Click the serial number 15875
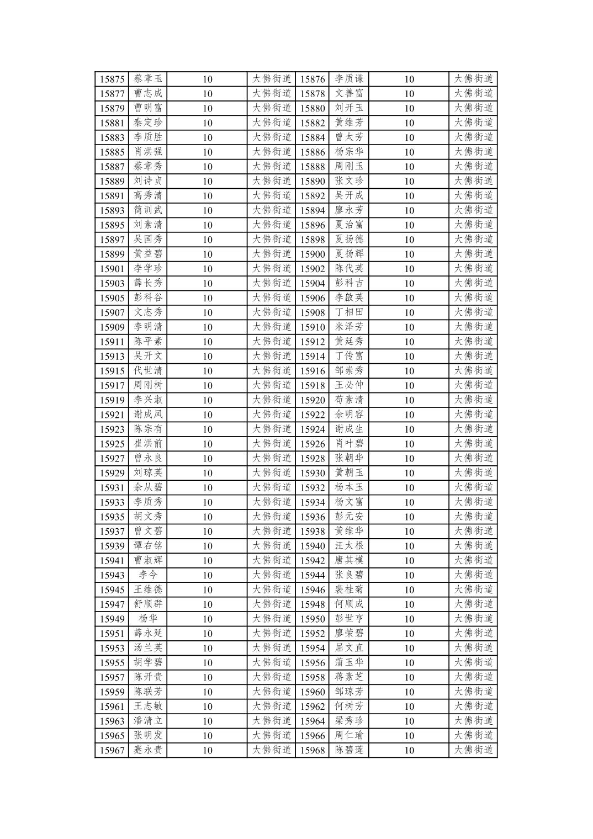tap(112, 79)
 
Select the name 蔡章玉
tap(148, 79)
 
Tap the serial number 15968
tap(313, 750)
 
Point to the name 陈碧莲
tap(349, 750)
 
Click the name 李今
tap(148, 575)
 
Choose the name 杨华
tap(148, 619)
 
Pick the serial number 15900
tap(313, 254)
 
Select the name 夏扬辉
tap(349, 254)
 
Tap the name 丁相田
tap(349, 312)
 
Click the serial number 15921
tap(112, 415)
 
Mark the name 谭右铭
tap(148, 546)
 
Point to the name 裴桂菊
tap(349, 590)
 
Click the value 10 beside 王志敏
tap(207, 707)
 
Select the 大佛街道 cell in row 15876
tap(473, 79)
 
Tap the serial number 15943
tap(112, 575)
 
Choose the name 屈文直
tap(349, 648)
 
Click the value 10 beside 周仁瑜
tap(409, 736)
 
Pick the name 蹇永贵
tap(148, 750)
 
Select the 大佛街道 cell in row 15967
tap(272, 750)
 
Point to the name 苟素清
tap(349, 400)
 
